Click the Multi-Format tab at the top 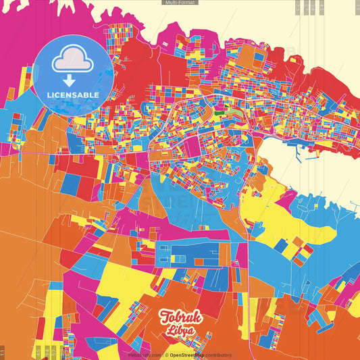180,3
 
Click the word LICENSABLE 72,95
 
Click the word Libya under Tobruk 179,331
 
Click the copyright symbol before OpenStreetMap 165,355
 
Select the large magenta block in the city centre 191,145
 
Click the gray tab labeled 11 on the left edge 3,351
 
